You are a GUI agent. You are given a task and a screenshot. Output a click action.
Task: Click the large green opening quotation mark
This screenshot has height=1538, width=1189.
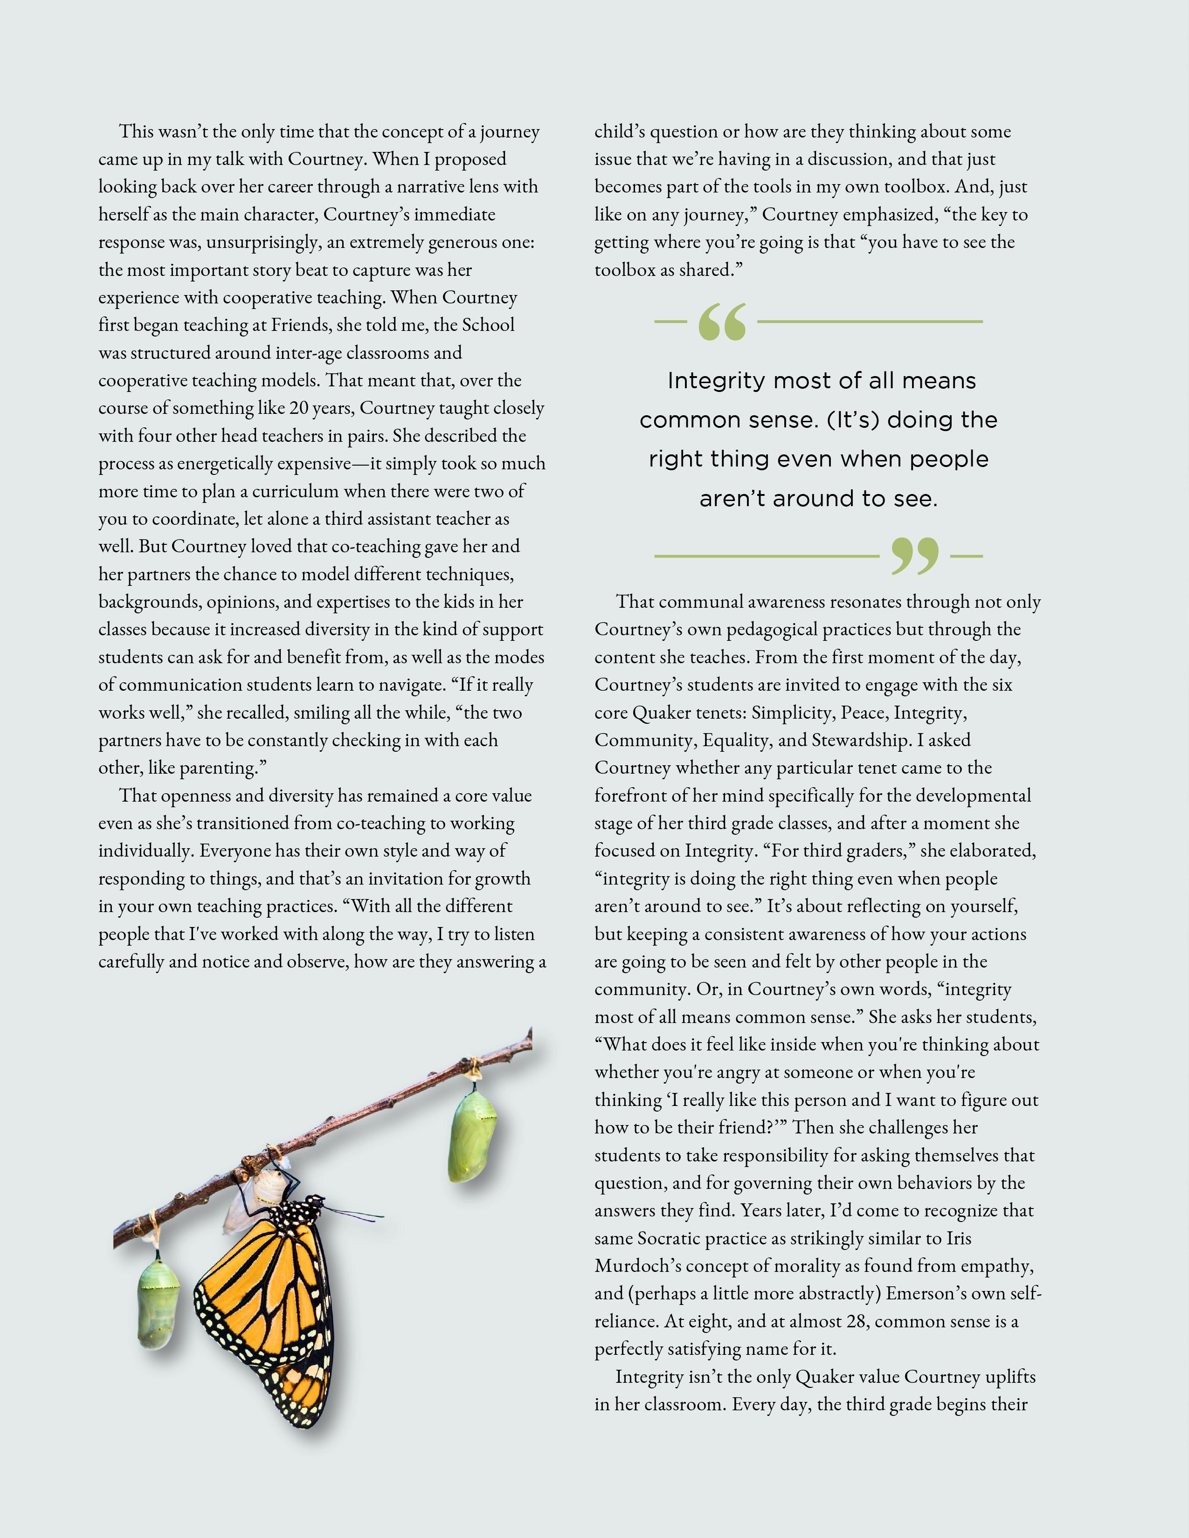point(722,323)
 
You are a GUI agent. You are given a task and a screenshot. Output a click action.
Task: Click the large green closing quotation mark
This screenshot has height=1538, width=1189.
point(914,556)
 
